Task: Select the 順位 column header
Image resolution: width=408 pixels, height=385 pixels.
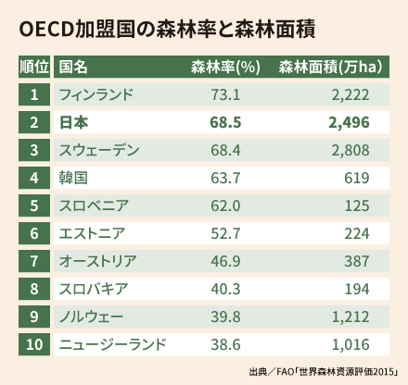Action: click(x=33, y=68)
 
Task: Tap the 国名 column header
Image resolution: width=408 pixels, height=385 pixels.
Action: click(x=73, y=68)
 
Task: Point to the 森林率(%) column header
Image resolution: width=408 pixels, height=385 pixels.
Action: click(x=226, y=68)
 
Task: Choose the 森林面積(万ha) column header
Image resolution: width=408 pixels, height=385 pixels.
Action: click(x=333, y=68)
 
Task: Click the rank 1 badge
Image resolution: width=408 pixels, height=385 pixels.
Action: click(x=33, y=94)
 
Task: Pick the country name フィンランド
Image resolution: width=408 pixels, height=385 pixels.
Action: click(x=96, y=94)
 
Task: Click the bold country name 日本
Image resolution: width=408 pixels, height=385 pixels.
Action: click(x=72, y=122)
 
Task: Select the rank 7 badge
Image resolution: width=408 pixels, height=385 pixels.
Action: click(x=33, y=261)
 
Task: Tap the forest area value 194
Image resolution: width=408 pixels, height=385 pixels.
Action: click(x=357, y=289)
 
